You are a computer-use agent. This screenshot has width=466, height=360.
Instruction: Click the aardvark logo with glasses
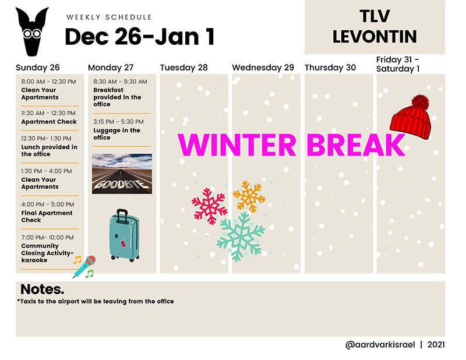tap(33, 31)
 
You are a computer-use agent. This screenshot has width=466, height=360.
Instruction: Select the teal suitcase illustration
tap(124, 235)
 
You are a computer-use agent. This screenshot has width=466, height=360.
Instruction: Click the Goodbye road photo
tap(122, 174)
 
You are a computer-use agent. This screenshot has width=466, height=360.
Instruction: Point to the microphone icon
tap(84, 266)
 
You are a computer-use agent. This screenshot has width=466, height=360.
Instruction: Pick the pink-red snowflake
tap(209, 206)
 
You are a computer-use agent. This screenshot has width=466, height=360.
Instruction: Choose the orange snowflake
tap(249, 196)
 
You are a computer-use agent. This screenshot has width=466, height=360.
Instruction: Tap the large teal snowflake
tap(241, 237)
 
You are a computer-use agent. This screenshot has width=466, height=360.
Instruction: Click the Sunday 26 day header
tap(38, 68)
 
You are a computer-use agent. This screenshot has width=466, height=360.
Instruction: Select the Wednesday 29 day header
tap(263, 68)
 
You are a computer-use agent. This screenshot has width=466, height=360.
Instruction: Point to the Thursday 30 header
tap(330, 68)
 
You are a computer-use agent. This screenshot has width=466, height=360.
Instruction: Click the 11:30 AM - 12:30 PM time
tap(48, 113)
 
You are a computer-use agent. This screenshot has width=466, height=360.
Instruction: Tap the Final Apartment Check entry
tap(47, 217)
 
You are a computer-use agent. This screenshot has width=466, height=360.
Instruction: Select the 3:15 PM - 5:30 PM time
tap(118, 122)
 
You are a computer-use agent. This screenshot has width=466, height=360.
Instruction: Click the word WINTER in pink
tap(237, 145)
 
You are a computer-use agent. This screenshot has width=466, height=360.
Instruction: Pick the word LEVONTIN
tap(375, 37)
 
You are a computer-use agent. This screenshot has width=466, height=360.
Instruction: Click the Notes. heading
tap(42, 289)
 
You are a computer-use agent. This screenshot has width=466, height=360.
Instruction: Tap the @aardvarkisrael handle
tap(380, 344)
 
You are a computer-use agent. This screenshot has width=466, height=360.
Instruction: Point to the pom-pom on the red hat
tap(420, 101)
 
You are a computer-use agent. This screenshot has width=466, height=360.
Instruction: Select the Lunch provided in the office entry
tap(50, 150)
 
